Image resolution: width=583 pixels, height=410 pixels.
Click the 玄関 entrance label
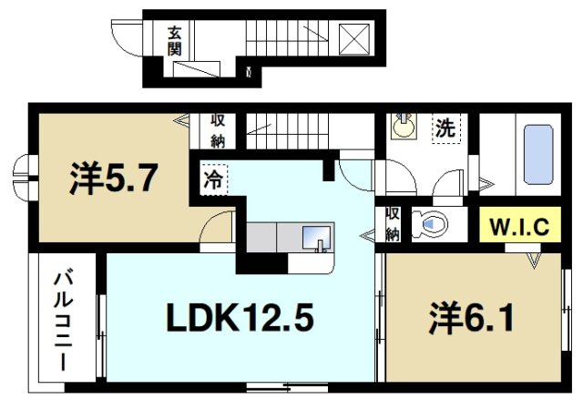point(173,41)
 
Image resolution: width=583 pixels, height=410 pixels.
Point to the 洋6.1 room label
point(473,319)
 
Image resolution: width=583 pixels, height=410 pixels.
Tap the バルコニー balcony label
point(63,318)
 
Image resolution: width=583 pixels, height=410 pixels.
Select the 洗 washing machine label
point(444,128)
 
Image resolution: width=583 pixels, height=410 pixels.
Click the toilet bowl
point(428,223)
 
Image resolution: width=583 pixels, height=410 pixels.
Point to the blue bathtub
point(539,155)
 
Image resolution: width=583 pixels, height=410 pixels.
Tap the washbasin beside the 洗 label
point(402,127)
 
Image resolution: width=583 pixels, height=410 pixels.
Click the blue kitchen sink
point(316,235)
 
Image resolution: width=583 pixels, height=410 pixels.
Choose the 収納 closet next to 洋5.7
point(218,129)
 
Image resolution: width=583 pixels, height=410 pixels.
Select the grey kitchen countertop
point(273,236)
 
